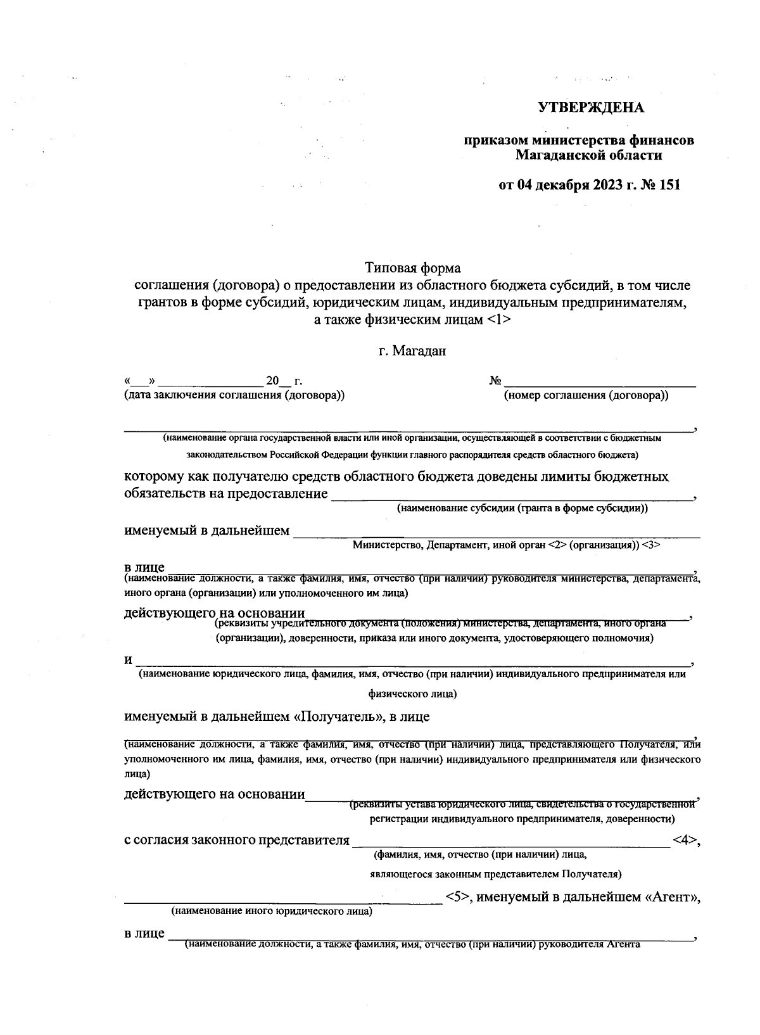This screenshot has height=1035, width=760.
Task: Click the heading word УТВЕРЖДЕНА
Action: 591,108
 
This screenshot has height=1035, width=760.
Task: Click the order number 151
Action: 668,186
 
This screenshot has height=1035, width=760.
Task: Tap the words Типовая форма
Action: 412,269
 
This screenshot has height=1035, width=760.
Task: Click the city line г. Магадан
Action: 412,351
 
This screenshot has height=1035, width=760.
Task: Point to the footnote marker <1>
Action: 500,320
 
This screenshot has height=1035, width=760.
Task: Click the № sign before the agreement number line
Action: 495,381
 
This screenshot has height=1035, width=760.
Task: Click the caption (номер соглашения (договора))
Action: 586,396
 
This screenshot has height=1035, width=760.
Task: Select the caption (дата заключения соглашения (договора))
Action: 235,396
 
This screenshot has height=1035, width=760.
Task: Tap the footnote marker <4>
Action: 685,841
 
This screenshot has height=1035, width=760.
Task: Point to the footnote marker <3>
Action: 652,545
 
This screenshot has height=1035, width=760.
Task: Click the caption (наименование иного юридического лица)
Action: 271,912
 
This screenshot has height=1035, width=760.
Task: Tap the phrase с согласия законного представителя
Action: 236,841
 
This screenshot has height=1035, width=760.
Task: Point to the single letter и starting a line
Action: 128,659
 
